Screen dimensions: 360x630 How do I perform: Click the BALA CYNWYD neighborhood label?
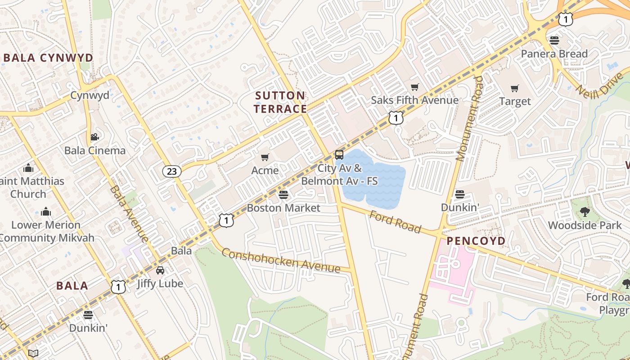click(x=48, y=58)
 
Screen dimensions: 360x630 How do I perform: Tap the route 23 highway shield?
click(x=171, y=171)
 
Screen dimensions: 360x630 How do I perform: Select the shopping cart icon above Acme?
click(x=265, y=157)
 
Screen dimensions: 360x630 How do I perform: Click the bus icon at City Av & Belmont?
click(x=339, y=155)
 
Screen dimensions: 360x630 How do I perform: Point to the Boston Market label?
click(x=283, y=208)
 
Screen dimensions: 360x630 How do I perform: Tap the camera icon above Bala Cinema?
click(x=94, y=137)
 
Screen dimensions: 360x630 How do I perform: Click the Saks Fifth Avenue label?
click(x=414, y=100)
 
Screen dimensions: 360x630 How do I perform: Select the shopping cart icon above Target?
click(x=515, y=88)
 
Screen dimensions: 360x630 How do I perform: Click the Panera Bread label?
click(x=554, y=54)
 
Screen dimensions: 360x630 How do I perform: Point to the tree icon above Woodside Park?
click(x=585, y=211)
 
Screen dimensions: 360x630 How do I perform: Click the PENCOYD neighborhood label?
click(x=476, y=241)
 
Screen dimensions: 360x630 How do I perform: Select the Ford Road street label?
click(x=395, y=222)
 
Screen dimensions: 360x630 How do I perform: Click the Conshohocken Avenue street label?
click(x=281, y=261)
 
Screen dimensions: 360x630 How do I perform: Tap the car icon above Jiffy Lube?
click(x=160, y=270)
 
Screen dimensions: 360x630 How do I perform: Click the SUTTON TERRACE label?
click(x=280, y=102)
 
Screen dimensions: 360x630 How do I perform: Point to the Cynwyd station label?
click(x=90, y=95)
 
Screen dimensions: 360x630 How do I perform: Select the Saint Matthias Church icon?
click(x=28, y=168)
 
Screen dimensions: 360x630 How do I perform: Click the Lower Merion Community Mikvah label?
click(x=46, y=231)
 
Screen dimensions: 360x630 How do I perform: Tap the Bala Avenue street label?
click(x=129, y=213)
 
